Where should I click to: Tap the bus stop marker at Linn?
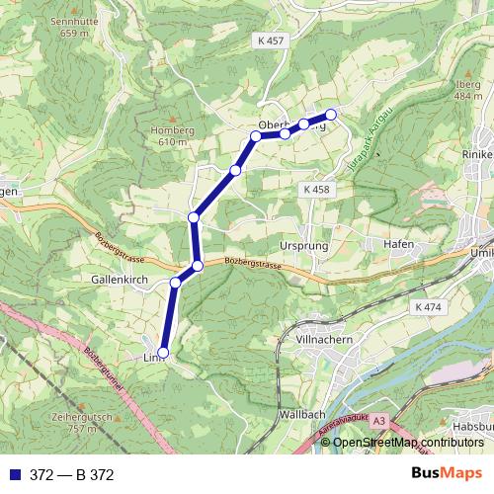point(163,353)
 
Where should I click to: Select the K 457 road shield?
point(269,40)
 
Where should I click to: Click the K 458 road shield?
point(316,188)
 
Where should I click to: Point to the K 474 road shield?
point(429,308)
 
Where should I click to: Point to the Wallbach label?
point(302,414)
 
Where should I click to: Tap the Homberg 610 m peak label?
point(167,135)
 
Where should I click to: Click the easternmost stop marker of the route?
point(331,115)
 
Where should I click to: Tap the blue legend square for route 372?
point(14,475)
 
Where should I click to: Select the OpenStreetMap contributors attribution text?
point(408,442)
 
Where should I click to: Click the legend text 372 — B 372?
point(72,475)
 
